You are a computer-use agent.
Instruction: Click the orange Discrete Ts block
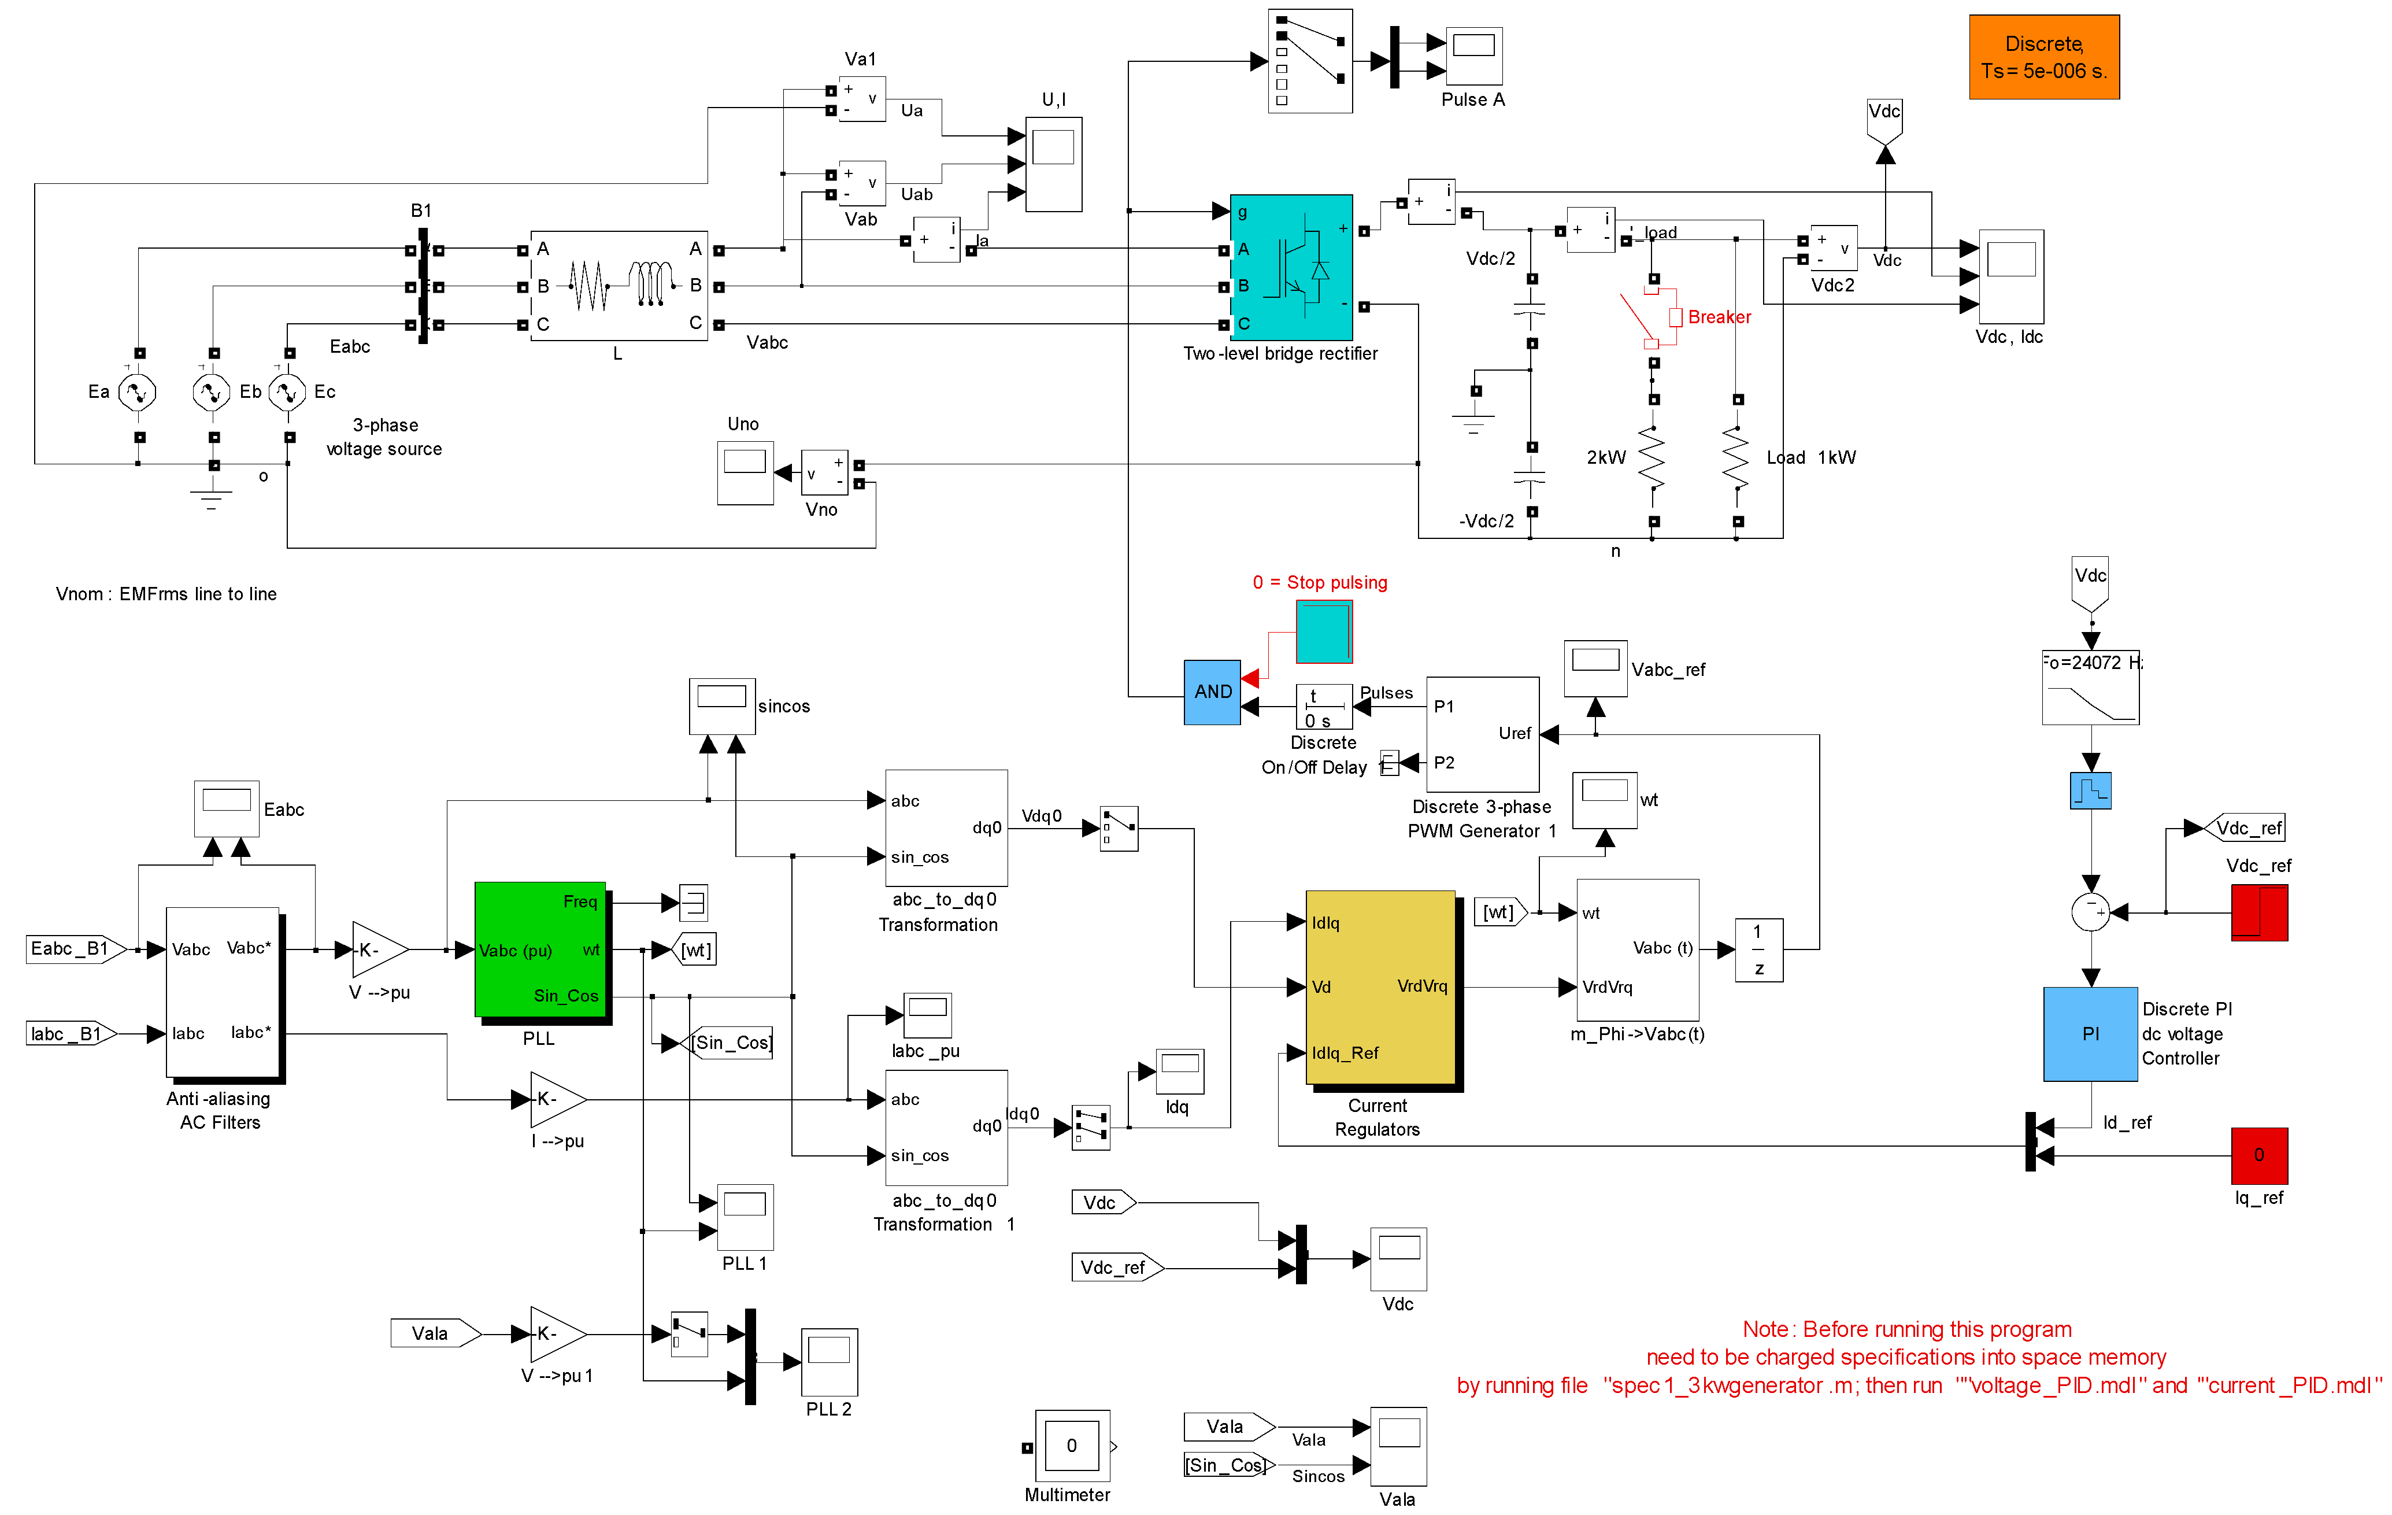tap(2043, 57)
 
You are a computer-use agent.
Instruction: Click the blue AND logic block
tap(1212, 692)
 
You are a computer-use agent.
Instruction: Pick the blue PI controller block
tap(2090, 1033)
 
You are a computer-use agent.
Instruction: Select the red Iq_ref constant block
tap(2259, 1155)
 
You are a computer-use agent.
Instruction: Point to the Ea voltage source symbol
tap(137, 393)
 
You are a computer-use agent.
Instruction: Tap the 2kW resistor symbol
tap(1652, 458)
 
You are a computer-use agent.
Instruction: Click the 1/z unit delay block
tap(1758, 949)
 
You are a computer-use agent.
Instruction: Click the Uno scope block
tap(745, 473)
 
